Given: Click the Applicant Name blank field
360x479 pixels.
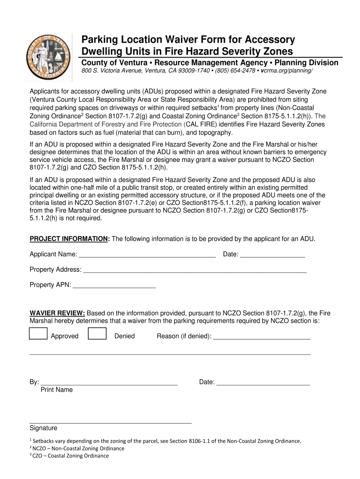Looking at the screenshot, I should coord(147,255).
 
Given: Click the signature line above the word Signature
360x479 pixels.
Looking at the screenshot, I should coord(110,421).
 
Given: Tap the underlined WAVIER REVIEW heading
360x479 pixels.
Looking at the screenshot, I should coord(57,313).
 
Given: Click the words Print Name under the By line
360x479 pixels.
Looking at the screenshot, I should coord(57,390).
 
